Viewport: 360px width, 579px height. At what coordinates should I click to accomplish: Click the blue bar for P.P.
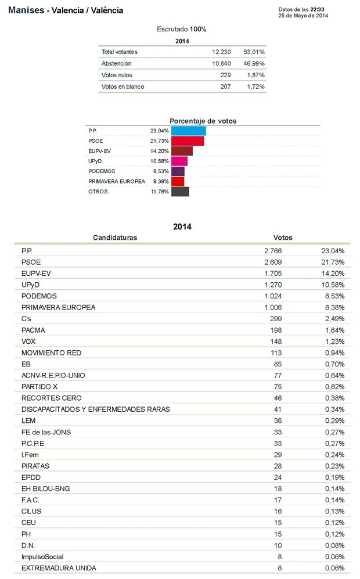click(x=188, y=131)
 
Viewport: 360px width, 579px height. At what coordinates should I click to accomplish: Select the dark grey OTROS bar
click(x=180, y=192)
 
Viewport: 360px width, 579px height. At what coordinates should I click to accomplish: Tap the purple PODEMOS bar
click(x=178, y=171)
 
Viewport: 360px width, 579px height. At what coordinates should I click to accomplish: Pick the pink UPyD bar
click(x=179, y=161)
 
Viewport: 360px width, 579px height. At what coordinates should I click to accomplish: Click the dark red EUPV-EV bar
click(x=182, y=151)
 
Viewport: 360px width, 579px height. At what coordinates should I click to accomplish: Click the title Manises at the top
click(x=26, y=10)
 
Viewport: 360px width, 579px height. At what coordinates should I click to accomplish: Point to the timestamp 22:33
click(x=317, y=10)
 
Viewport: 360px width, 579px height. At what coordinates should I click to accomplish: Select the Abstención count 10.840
click(x=221, y=63)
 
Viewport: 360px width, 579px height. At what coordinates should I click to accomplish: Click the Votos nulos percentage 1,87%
click(x=256, y=75)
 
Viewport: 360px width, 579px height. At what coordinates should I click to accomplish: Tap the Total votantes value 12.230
click(x=221, y=52)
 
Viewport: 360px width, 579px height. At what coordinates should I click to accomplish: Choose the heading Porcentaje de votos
click(x=203, y=121)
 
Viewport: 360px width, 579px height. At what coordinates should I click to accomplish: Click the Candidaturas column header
click(x=115, y=238)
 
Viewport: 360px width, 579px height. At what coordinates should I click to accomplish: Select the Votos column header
click(x=283, y=238)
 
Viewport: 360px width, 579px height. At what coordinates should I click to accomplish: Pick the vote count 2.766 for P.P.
click(x=273, y=251)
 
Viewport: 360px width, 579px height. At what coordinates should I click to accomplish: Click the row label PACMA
click(x=33, y=330)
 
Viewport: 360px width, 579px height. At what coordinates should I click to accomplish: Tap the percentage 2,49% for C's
click(x=334, y=319)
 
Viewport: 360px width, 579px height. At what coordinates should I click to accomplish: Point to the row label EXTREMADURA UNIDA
click(x=59, y=568)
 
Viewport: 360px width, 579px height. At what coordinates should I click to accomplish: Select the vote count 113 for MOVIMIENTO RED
click(x=276, y=353)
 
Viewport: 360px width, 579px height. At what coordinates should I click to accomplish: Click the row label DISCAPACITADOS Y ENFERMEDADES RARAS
click(x=96, y=409)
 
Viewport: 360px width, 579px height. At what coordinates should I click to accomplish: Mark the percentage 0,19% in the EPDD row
click(x=334, y=477)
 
